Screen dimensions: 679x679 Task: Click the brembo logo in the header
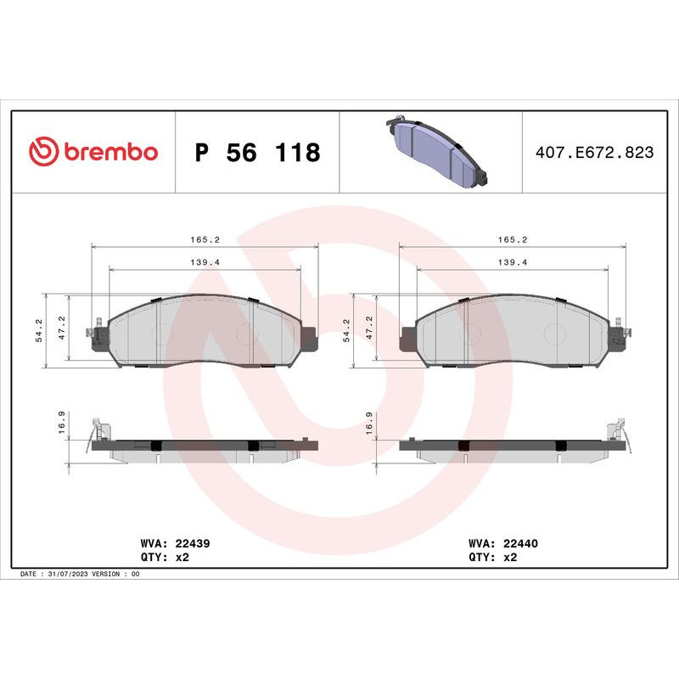pos(93,152)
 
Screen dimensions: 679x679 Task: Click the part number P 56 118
pos(257,153)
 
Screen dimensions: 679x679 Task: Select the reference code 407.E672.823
pos(595,153)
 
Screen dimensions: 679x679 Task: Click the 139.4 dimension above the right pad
pos(513,263)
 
